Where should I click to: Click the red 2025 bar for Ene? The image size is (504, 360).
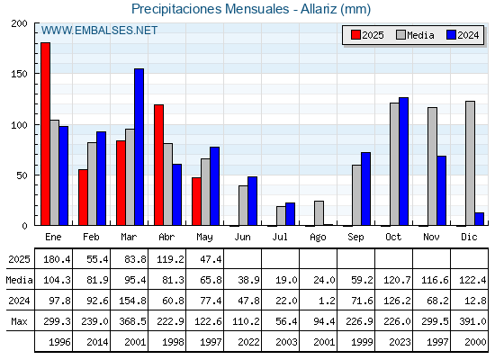click(x=45, y=134)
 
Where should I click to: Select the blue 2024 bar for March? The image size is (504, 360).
click(x=139, y=147)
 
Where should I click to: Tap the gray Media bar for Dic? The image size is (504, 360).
click(x=470, y=163)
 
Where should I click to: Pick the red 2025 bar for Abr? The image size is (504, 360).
click(x=158, y=165)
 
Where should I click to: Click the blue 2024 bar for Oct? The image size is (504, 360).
click(x=404, y=161)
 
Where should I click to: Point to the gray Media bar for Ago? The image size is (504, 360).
click(x=319, y=213)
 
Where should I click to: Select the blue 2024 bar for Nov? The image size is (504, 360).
click(x=442, y=191)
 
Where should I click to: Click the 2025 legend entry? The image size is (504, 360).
click(x=367, y=35)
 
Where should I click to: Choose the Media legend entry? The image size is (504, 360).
click(x=415, y=35)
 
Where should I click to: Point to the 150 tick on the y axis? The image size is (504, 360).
click(x=19, y=74)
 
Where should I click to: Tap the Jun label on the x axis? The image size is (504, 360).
click(x=242, y=238)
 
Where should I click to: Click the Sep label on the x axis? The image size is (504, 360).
click(x=355, y=238)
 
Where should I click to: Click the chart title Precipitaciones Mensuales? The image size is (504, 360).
click(x=211, y=9)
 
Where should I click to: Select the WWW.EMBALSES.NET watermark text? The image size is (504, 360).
click(x=99, y=31)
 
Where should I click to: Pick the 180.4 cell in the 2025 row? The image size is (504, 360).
click(x=57, y=259)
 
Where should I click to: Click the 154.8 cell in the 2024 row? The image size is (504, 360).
click(x=133, y=301)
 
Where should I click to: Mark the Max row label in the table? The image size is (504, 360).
click(x=19, y=321)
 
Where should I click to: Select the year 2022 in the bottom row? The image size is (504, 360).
click(x=248, y=342)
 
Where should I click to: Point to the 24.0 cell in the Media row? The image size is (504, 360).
click(x=324, y=280)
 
